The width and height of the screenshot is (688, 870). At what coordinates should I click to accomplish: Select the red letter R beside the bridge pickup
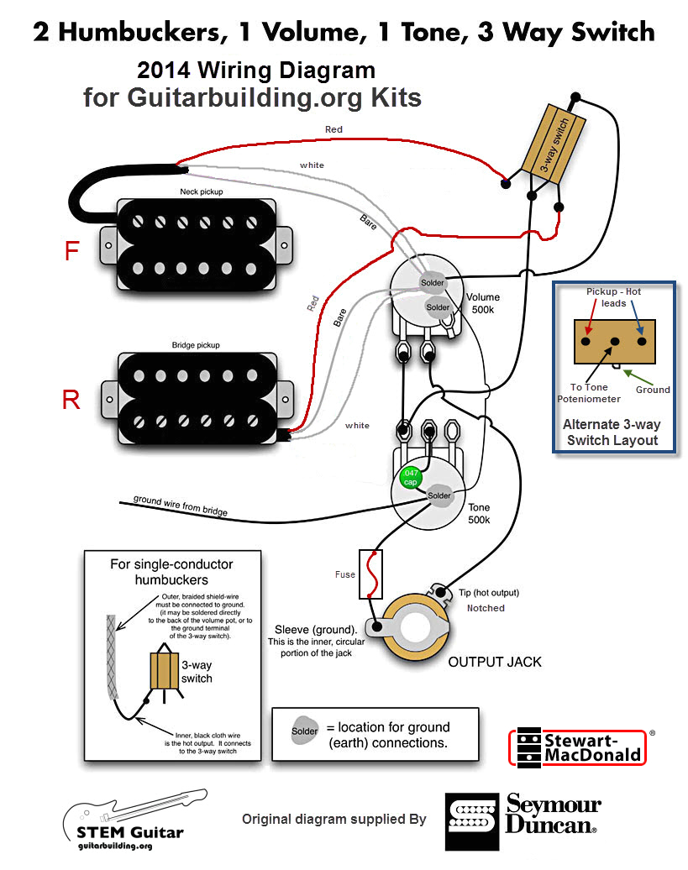coord(71,400)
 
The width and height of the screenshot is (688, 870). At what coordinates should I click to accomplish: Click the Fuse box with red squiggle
coord(370,574)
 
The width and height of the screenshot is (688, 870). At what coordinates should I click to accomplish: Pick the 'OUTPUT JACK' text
coord(495,662)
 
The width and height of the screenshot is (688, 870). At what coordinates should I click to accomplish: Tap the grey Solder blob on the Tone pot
coord(439,495)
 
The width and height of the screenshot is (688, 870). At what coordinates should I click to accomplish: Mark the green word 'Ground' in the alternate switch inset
coord(653,390)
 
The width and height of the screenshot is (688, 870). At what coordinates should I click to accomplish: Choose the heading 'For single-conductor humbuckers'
coord(171,572)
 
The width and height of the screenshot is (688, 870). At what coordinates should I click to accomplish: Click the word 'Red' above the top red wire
coord(333,129)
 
